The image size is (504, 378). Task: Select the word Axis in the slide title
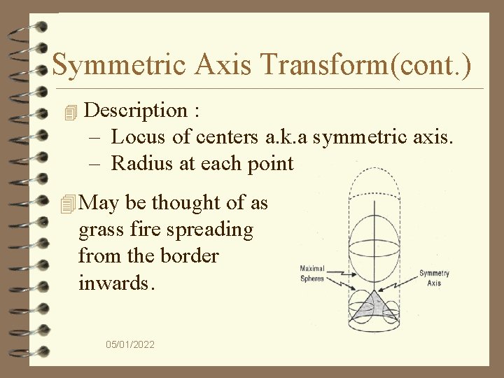point(236,65)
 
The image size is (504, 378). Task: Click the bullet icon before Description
point(68,111)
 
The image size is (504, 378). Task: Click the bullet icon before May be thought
point(68,204)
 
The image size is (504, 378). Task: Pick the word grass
point(101,230)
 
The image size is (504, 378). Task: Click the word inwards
point(113,283)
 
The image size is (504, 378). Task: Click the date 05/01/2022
point(130,344)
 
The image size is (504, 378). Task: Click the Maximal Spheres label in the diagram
point(312,273)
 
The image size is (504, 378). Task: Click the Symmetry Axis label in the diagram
point(434,278)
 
